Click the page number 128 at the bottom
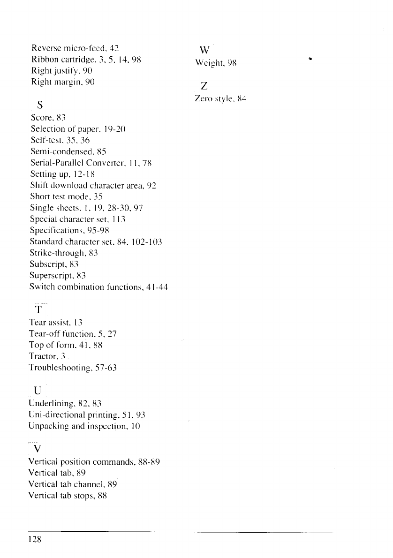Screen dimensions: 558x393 pyautogui.click(x=36, y=539)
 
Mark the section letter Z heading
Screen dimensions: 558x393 pyautogui.click(x=204, y=86)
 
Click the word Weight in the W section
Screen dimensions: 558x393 pyautogui.click(x=208, y=63)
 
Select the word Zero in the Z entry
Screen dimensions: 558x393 pyautogui.click(x=203, y=99)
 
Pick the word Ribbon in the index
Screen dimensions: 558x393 pyautogui.click(x=44, y=60)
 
